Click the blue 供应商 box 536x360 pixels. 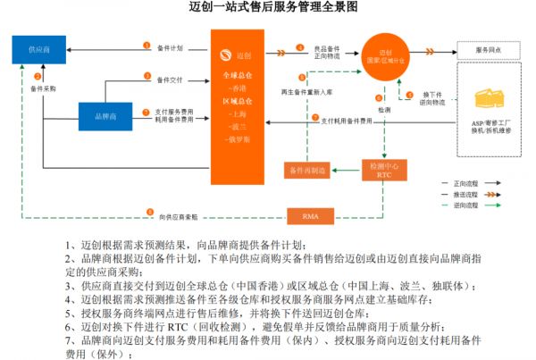coord(38,48)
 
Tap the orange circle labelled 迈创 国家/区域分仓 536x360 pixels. coord(386,53)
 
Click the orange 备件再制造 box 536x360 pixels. coord(307,168)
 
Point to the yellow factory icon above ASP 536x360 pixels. coord(487,96)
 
